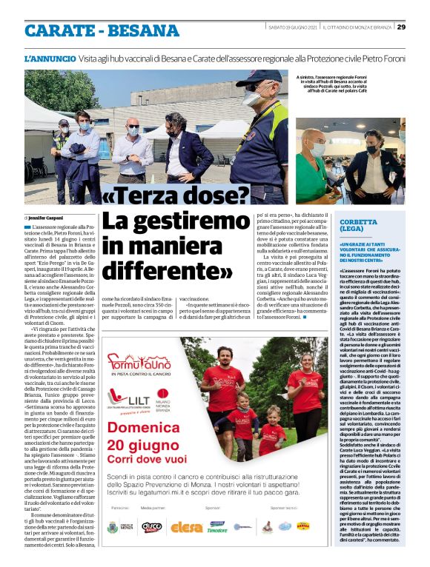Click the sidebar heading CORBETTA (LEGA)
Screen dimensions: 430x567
[x=361, y=225]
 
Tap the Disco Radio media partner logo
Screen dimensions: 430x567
[x=151, y=527]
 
